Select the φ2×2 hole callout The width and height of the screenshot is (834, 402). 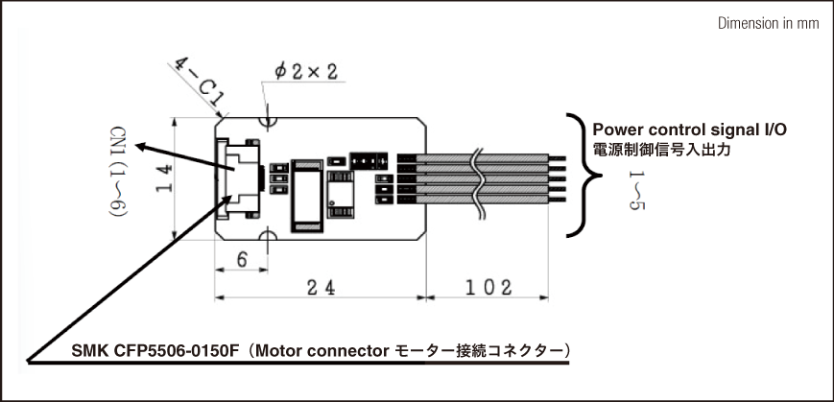point(304,72)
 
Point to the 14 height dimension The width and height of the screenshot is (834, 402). point(163,177)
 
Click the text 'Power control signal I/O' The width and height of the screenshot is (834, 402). point(689,130)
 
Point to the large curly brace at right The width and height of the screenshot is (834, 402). point(580,175)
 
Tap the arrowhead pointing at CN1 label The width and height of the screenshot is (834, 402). point(140,148)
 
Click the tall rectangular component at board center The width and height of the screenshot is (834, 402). point(308,194)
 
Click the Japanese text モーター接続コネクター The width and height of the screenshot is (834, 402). point(484,351)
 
